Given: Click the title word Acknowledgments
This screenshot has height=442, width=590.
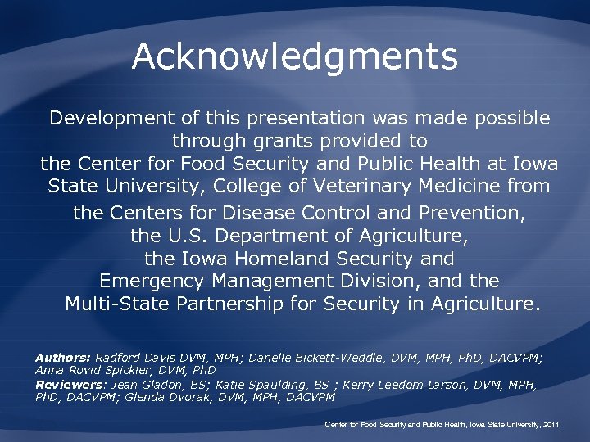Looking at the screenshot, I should [x=294, y=57].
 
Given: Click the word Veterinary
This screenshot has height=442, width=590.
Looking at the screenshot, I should [x=366, y=186].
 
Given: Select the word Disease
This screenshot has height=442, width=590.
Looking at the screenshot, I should [x=266, y=214].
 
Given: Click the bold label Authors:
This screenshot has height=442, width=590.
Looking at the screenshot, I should [x=63, y=358].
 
